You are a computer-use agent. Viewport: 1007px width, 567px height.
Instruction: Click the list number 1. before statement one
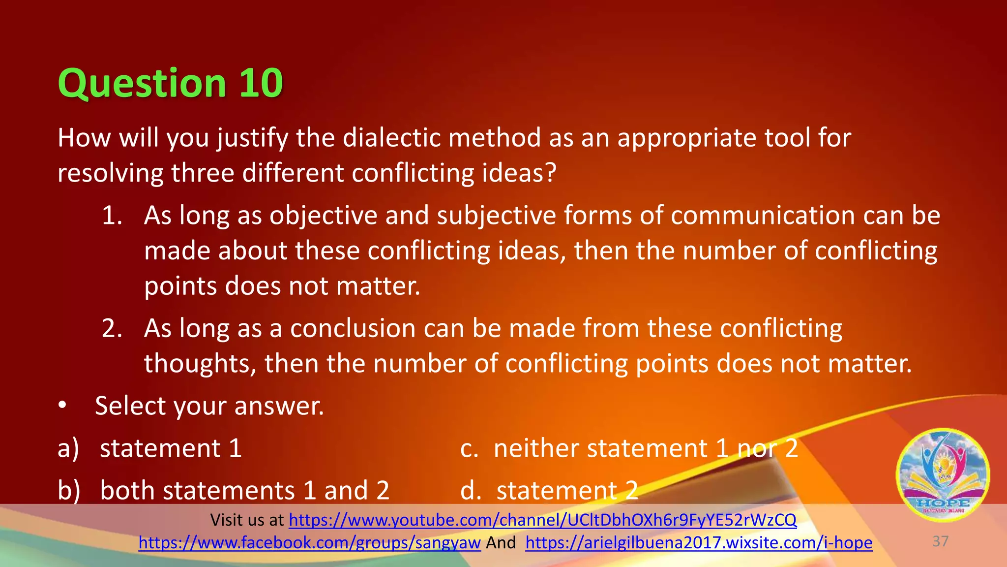tap(112, 216)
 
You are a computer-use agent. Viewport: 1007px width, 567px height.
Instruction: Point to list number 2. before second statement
tap(112, 328)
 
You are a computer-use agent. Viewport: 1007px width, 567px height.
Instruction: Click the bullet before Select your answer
tap(62, 406)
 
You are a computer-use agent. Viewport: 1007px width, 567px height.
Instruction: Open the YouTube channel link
tap(542, 520)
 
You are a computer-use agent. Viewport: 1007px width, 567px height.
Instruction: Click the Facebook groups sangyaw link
tap(309, 542)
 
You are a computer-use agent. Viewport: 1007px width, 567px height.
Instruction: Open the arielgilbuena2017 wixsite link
tap(699, 542)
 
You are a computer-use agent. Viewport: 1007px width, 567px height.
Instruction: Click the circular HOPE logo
tap(943, 475)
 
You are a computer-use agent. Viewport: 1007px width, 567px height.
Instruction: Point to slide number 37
tap(940, 541)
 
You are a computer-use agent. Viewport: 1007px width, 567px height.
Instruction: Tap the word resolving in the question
tap(110, 173)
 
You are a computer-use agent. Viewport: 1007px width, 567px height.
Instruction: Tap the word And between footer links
tap(501, 542)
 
